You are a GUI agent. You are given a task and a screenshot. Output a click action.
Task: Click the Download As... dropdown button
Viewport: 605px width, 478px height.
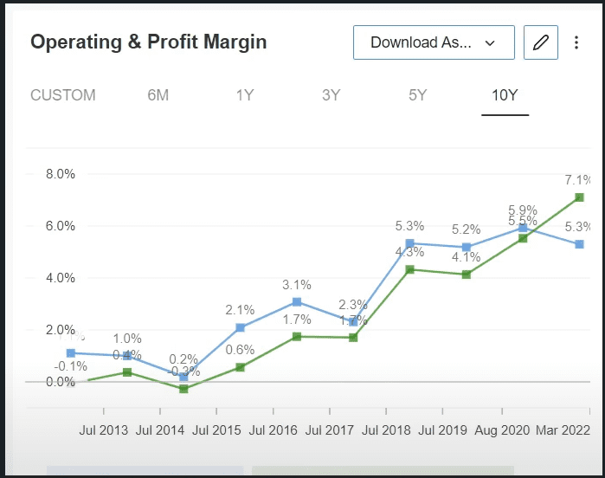434,42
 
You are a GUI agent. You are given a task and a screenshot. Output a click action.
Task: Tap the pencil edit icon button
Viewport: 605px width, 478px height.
541,42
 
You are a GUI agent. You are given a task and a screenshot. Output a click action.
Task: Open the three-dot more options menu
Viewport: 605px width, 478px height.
577,42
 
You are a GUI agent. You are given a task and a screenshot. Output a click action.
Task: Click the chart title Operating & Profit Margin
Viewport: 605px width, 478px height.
149,42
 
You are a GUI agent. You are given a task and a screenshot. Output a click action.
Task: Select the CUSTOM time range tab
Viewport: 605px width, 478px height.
63,95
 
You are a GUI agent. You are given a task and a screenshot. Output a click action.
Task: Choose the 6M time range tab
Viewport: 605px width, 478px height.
158,95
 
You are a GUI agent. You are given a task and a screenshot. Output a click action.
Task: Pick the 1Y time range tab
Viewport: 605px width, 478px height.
245,95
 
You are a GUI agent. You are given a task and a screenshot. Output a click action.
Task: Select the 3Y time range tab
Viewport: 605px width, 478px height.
331,95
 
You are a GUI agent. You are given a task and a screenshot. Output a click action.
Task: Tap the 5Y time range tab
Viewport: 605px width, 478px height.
418,95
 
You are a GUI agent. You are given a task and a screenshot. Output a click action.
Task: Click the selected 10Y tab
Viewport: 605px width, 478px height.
505,95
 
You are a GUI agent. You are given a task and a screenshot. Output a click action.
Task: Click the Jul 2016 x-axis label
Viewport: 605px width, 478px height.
273,430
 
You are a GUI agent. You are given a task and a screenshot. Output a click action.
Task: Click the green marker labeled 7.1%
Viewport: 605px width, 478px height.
579,197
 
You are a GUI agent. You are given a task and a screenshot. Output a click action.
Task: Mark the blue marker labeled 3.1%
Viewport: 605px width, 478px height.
297,302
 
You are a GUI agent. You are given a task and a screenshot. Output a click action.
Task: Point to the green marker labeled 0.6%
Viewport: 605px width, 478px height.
240,367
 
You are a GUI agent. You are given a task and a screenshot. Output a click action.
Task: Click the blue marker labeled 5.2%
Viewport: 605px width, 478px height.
467,248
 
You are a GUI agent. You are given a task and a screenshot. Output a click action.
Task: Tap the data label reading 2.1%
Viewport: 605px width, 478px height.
240,310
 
